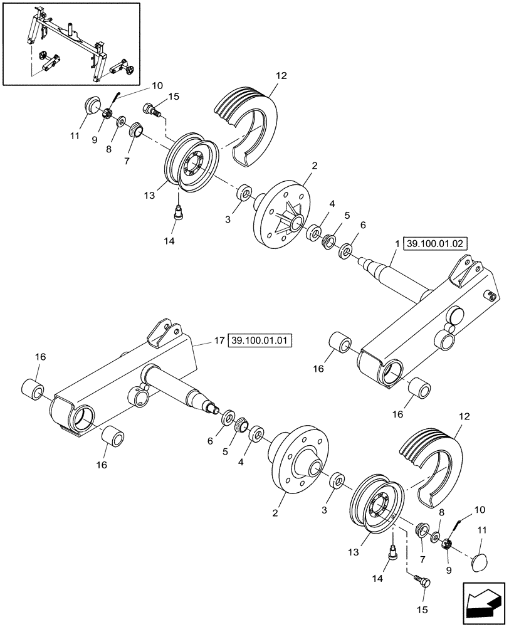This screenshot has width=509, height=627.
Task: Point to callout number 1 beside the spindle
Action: point(396,245)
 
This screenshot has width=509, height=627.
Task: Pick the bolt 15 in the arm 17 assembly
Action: point(423,581)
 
